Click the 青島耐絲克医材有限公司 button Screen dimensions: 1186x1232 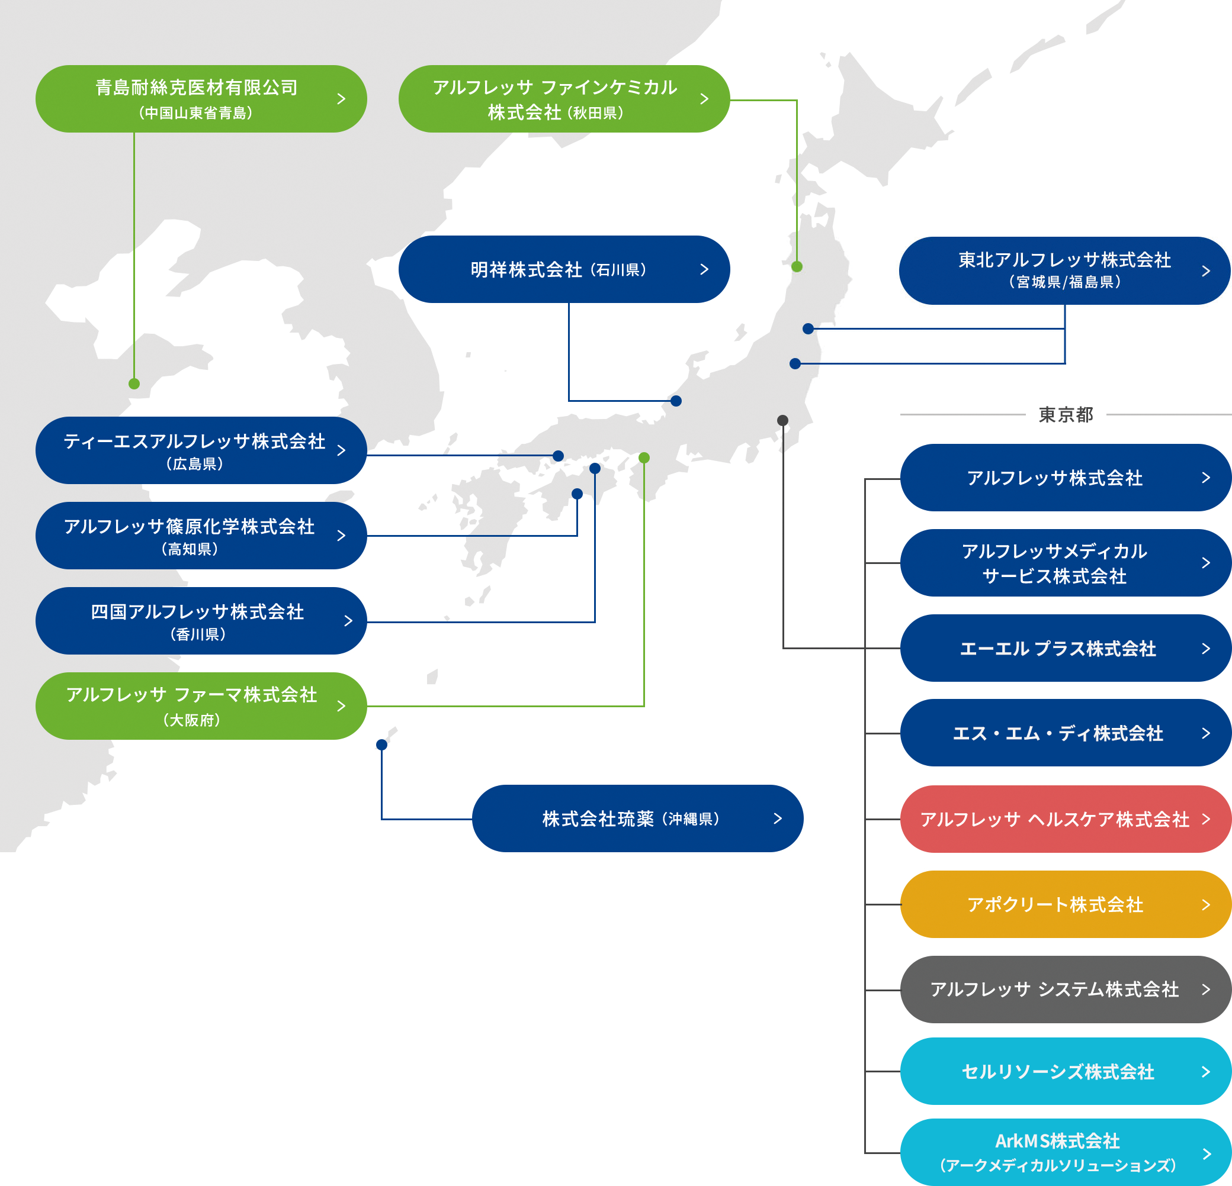coord(201,99)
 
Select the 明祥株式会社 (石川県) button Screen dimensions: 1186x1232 coord(563,269)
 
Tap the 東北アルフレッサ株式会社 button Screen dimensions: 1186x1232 coord(1064,270)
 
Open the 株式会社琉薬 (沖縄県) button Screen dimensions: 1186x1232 coord(637,818)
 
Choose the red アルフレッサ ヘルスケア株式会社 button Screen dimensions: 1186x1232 coord(1065,819)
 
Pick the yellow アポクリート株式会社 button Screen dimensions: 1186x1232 coord(1065,904)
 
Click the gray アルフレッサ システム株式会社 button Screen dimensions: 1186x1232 coord(1065,990)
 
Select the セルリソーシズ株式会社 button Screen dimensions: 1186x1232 coord(1065,1072)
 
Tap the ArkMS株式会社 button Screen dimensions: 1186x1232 coord(1065,1153)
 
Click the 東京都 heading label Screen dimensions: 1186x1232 coord(1066,415)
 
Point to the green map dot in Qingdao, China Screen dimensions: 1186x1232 coord(134,384)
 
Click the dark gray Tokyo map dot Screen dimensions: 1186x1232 coord(782,420)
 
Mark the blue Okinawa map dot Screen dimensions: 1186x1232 coord(381,745)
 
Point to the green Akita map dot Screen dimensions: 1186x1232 coord(797,266)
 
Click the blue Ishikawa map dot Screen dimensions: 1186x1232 coord(676,401)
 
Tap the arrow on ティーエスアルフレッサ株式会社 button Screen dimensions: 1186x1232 coord(341,450)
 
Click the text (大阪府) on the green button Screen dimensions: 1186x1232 coord(192,720)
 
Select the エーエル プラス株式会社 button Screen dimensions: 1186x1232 coord(1065,648)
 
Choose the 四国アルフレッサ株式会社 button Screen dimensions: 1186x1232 coord(201,621)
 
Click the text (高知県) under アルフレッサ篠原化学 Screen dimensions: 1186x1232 coord(190,549)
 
